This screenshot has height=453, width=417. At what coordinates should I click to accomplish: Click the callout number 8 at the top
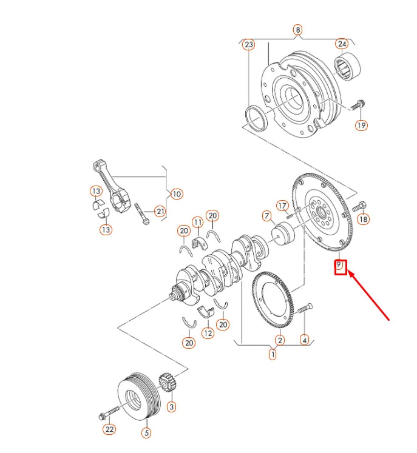tap(297, 29)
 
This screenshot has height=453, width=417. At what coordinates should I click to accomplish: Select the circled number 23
tap(249, 45)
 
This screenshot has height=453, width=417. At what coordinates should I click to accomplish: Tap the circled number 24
tap(342, 44)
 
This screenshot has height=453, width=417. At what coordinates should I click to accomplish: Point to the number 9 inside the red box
tap(340, 266)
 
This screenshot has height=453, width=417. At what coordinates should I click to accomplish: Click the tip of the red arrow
tap(348, 273)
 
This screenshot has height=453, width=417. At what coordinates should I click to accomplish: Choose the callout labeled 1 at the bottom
tap(273, 354)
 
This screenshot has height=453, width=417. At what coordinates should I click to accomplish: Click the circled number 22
tap(109, 430)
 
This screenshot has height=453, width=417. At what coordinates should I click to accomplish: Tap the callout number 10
tap(176, 194)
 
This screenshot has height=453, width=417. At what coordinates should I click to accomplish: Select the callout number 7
tap(266, 215)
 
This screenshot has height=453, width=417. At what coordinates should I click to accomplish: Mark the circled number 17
tap(282, 206)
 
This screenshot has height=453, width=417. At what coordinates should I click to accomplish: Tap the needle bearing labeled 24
tap(347, 66)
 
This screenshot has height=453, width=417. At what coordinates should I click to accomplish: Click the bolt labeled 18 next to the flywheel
tap(362, 207)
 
